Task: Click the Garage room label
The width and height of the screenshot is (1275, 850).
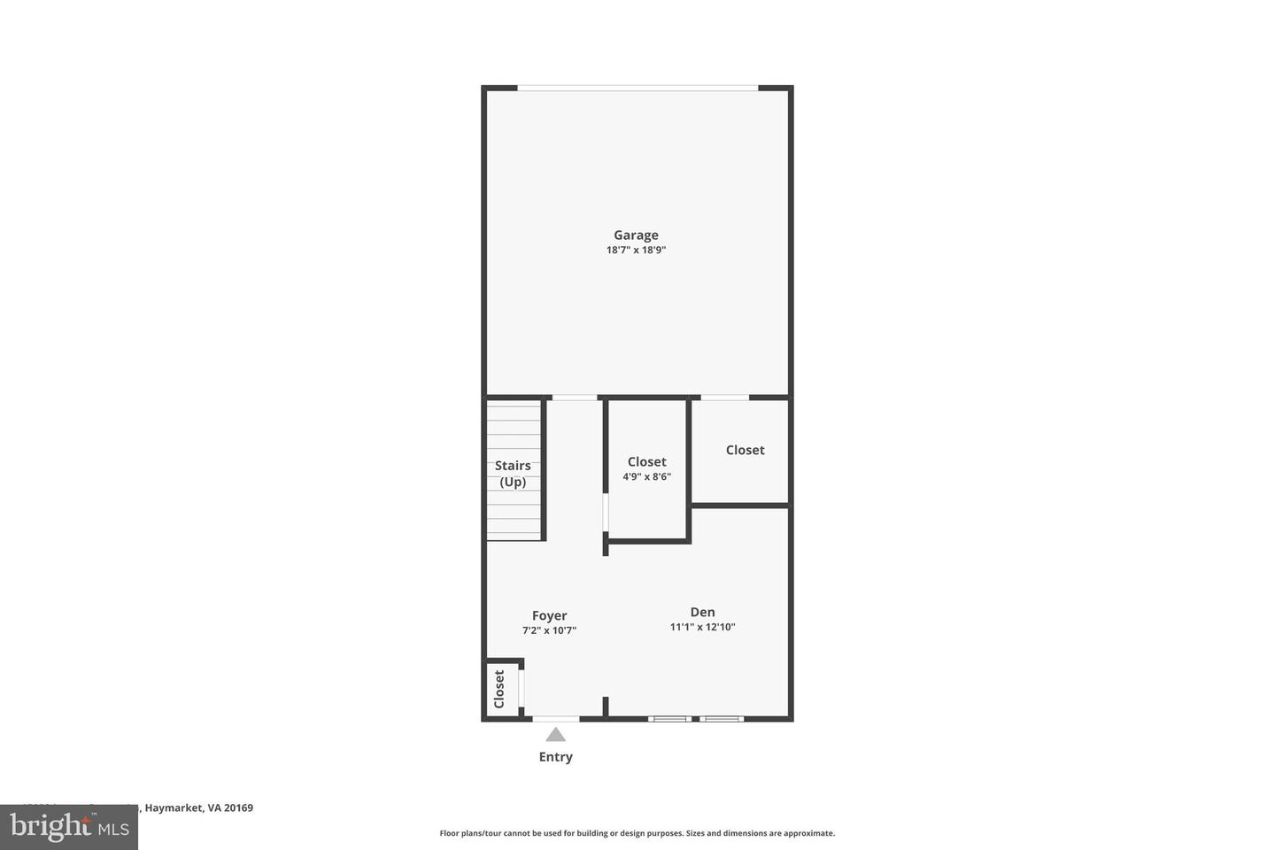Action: [x=636, y=235]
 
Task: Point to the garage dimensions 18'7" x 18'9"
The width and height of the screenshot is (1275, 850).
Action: [x=636, y=251]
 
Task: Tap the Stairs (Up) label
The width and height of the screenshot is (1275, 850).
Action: [x=513, y=474]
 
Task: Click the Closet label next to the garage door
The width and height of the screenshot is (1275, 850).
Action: [x=745, y=450]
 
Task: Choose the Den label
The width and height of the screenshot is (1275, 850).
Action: [x=702, y=612]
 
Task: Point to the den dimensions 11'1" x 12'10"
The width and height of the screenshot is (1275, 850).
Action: [x=702, y=628]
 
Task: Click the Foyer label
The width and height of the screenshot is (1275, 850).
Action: [x=549, y=615]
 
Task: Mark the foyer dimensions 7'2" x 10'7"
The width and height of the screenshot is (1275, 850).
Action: [x=549, y=631]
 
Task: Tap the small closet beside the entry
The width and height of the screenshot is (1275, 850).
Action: [x=499, y=689]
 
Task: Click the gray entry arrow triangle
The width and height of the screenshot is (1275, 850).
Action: [x=555, y=734]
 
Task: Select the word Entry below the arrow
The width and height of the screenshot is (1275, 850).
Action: [x=555, y=757]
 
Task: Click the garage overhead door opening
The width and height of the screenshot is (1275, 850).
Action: [x=637, y=88]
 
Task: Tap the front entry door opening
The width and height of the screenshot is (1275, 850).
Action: [x=556, y=718]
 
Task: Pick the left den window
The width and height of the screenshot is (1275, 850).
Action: [x=669, y=718]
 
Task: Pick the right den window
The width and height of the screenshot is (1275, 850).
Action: [x=722, y=718]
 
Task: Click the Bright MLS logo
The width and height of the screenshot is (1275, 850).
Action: [x=68, y=827]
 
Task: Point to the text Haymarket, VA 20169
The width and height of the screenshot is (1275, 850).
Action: [x=199, y=807]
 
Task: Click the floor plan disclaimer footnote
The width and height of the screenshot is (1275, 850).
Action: [x=637, y=833]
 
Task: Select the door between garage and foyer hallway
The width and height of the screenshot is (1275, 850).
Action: [x=575, y=398]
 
